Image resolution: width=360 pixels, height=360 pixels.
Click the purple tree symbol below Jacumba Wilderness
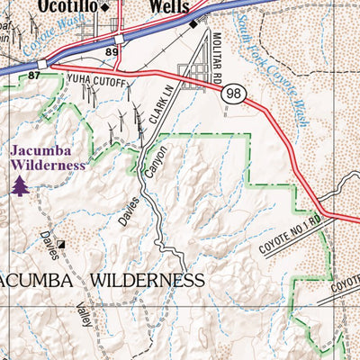pos(20,184)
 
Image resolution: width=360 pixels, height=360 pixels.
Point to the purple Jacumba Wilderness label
pos(48,157)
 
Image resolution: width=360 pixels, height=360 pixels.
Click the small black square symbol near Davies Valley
pos(61,243)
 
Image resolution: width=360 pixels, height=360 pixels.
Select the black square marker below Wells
pos(193,23)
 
